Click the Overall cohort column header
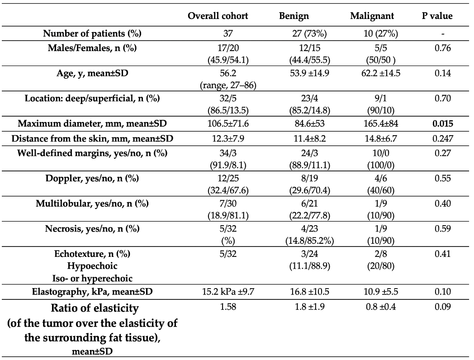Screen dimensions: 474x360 218,16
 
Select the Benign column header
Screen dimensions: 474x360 294,16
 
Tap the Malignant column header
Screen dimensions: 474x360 372,16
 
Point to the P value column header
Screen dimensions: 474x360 437,16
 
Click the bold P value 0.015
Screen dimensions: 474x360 442,123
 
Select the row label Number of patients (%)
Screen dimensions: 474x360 92,33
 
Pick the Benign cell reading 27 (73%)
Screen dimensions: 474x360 309,33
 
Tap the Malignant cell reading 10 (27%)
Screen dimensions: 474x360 380,33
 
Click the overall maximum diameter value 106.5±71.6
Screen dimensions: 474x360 228,123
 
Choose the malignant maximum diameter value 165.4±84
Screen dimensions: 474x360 380,123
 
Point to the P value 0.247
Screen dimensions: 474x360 442,138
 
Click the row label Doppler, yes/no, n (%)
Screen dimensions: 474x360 92,178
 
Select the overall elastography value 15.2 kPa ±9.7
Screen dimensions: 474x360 228,291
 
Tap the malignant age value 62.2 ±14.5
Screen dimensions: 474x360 380,73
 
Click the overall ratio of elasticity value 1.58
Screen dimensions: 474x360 228,307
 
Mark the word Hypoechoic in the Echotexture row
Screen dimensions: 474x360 92,265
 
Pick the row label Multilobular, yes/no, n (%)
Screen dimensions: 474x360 92,203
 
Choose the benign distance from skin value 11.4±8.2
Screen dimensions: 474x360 309,138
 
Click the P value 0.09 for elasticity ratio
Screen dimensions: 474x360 442,307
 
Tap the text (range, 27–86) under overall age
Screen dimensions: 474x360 228,85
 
